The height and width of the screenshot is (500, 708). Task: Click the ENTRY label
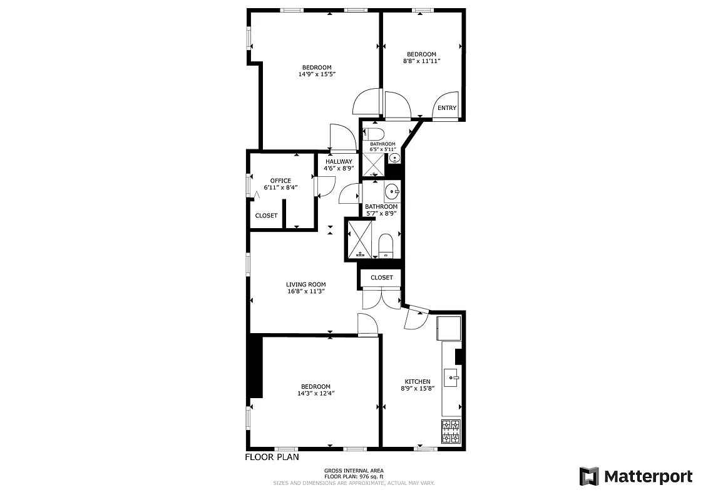click(447, 108)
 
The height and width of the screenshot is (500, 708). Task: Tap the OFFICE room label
click(280, 181)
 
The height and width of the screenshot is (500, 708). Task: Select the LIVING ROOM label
click(305, 284)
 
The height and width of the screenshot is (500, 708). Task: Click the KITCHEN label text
click(417, 382)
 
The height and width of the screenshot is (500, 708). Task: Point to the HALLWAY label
click(339, 162)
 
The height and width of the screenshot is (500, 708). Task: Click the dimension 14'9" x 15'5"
click(317, 74)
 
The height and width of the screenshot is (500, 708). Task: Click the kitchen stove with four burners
click(451, 432)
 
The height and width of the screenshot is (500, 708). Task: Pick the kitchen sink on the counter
click(451, 377)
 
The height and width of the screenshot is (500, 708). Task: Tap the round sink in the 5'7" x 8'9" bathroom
click(392, 191)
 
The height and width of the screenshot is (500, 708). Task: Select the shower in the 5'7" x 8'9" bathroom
click(360, 238)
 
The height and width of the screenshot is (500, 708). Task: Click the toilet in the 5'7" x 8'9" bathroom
click(386, 245)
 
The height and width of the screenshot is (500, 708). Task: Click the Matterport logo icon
click(589, 476)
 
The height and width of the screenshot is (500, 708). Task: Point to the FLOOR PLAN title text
click(272, 457)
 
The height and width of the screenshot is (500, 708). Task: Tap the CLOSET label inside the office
click(266, 216)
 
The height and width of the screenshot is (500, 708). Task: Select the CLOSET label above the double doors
click(381, 277)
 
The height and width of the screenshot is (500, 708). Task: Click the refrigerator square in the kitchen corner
click(448, 327)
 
